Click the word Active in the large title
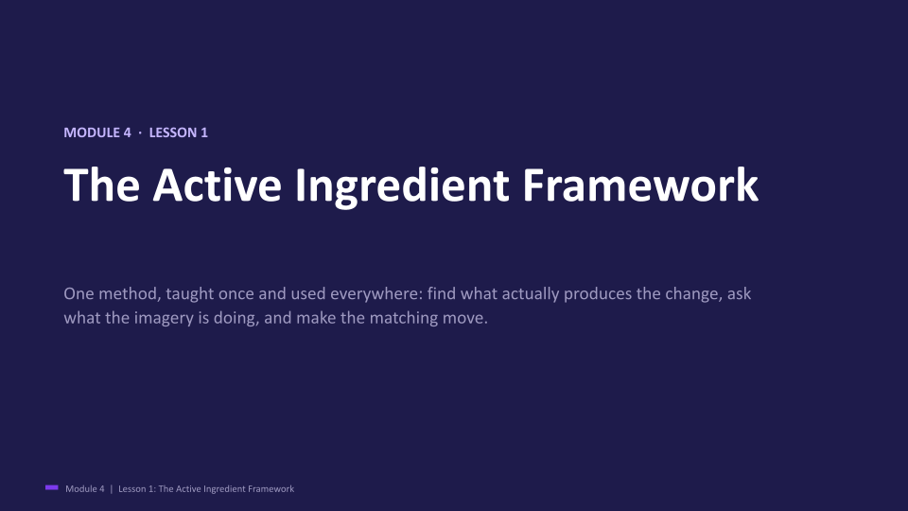pyautogui.click(x=218, y=185)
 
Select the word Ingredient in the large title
pyautogui.click(x=402, y=186)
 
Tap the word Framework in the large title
pyautogui.click(x=640, y=185)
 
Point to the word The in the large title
pyautogui.click(x=102, y=185)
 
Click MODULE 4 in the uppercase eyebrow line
pyautogui.click(x=97, y=132)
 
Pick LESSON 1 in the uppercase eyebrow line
pyautogui.click(x=179, y=132)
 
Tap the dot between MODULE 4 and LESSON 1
pyautogui.click(x=140, y=132)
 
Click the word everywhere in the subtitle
pyautogui.click(x=376, y=294)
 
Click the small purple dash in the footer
pyautogui.click(x=51, y=488)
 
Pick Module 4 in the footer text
pyautogui.click(x=85, y=489)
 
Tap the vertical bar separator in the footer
pyautogui.click(x=112, y=489)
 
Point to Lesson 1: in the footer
pyautogui.click(x=136, y=489)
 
